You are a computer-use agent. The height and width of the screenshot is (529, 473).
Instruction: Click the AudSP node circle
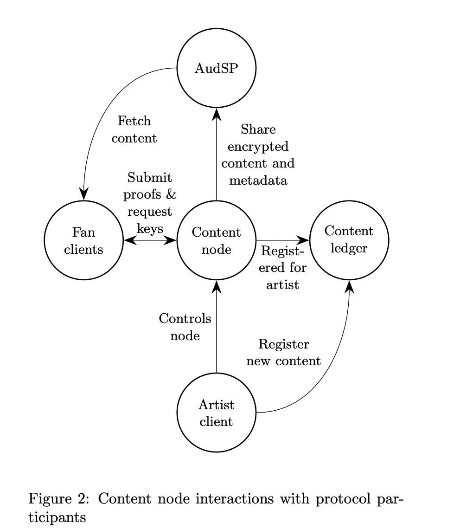coord(217,69)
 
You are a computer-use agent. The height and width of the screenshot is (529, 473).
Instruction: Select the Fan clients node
coord(83,240)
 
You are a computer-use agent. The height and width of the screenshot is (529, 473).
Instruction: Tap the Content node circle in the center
coord(217,240)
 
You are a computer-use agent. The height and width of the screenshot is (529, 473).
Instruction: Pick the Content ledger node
coord(349,240)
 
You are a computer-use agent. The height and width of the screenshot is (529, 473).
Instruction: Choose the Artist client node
coord(217,413)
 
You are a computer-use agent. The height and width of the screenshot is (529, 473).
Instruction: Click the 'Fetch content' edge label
coord(134,129)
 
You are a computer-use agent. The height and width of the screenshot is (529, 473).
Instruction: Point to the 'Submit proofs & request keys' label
coord(150,203)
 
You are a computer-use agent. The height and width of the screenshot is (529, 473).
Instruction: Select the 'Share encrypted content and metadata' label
coord(258,155)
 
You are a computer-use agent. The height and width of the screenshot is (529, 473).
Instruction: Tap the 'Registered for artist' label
coord(282,268)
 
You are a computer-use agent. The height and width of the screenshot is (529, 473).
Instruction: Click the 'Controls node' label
coord(185,327)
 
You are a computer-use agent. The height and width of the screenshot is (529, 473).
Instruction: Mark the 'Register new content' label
coord(283,353)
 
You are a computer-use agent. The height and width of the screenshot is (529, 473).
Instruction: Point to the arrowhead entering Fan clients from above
coord(84,194)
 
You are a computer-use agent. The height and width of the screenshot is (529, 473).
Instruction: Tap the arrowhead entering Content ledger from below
coord(350,287)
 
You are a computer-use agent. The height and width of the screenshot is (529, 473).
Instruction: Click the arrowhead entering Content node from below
coord(217,287)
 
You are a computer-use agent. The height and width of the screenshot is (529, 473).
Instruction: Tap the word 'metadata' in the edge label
coord(258,180)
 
